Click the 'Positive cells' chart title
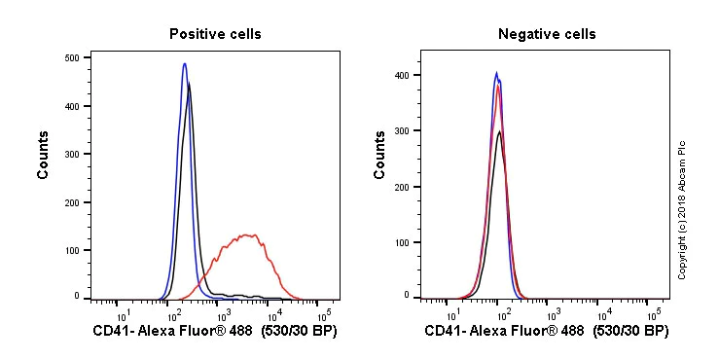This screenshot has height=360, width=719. click(x=215, y=34)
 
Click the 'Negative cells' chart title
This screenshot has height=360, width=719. click(x=547, y=34)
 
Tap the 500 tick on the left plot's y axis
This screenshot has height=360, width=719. click(x=72, y=58)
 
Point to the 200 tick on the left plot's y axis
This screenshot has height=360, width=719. click(x=72, y=201)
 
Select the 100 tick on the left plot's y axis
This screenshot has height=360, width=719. click(x=72, y=249)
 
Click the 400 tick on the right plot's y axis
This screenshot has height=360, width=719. click(x=403, y=75)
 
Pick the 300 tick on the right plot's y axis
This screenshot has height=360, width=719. click(x=403, y=130)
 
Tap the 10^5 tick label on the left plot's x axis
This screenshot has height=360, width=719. click(x=323, y=314)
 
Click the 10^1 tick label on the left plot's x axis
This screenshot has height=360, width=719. click(x=123, y=314)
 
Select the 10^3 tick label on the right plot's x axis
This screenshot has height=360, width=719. click(x=554, y=314)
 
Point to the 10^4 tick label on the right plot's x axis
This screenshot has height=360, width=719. click(x=603, y=314)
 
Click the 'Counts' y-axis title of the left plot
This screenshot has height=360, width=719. click(x=44, y=155)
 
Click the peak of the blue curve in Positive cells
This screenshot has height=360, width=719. click(x=184, y=64)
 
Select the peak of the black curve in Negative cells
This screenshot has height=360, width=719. click(x=499, y=131)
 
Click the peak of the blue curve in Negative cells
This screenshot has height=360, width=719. click(x=496, y=72)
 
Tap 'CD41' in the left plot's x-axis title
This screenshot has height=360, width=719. click(x=111, y=332)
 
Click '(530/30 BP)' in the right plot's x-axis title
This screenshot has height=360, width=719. click(x=629, y=332)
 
